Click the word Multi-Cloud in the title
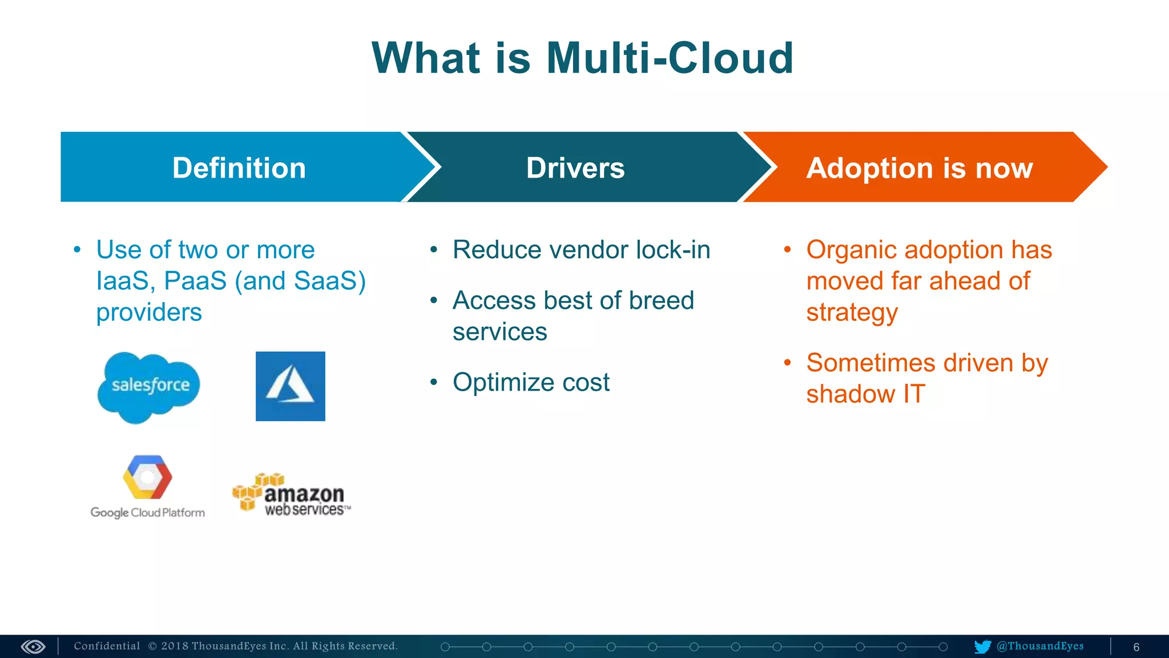670,58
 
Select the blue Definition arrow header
240,167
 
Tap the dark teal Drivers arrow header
575,167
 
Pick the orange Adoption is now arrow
919,167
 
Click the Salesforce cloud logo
150,387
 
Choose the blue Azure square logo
290,386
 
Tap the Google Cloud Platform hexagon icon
147,478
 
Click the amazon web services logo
292,495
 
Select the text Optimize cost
531,382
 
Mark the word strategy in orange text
852,313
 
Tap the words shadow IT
865,394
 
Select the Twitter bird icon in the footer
982,647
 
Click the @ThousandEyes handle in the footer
1040,646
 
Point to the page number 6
1136,647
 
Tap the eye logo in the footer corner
33,647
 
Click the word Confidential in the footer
107,646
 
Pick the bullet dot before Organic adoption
788,250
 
